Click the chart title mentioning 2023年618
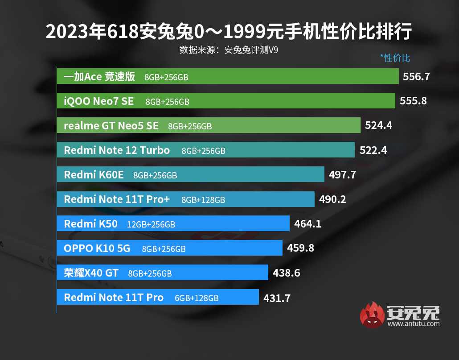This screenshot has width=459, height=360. point(229,32)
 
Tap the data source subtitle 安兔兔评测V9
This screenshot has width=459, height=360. point(229,50)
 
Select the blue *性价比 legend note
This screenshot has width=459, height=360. point(395,58)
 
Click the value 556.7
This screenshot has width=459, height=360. point(416,77)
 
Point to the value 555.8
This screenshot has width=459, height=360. point(413,101)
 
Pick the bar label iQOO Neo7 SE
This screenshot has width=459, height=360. point(98,101)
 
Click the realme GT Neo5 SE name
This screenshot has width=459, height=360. point(111,126)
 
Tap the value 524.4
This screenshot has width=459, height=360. point(378,125)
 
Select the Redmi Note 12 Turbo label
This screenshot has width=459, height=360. point(117,150)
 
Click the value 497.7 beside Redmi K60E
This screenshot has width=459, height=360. point(342,174)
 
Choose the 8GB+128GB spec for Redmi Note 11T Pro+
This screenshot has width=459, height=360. point(203,200)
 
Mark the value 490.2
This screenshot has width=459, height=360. point(332,199)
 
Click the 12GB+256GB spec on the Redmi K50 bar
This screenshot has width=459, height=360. point(151,224)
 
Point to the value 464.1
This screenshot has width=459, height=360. point(307,223)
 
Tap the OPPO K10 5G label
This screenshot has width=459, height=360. point(97,248)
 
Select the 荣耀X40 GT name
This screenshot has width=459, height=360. point(91,273)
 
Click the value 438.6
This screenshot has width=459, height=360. point(286,273)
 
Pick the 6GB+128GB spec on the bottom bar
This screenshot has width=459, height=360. point(197,298)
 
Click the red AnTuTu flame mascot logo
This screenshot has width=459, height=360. point(372,314)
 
